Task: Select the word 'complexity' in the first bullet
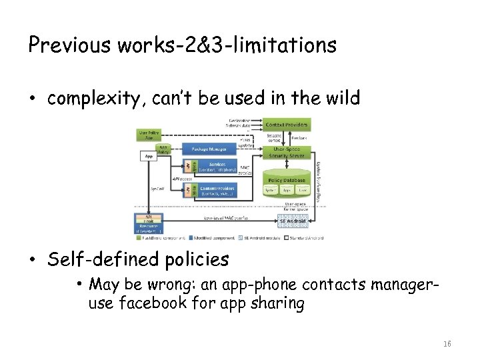(x=93, y=99)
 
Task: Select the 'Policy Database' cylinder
(x=287, y=185)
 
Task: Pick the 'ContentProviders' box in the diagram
(x=215, y=191)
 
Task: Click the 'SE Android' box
(x=291, y=221)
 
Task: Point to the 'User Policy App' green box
(x=149, y=135)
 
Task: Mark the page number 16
(x=447, y=344)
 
